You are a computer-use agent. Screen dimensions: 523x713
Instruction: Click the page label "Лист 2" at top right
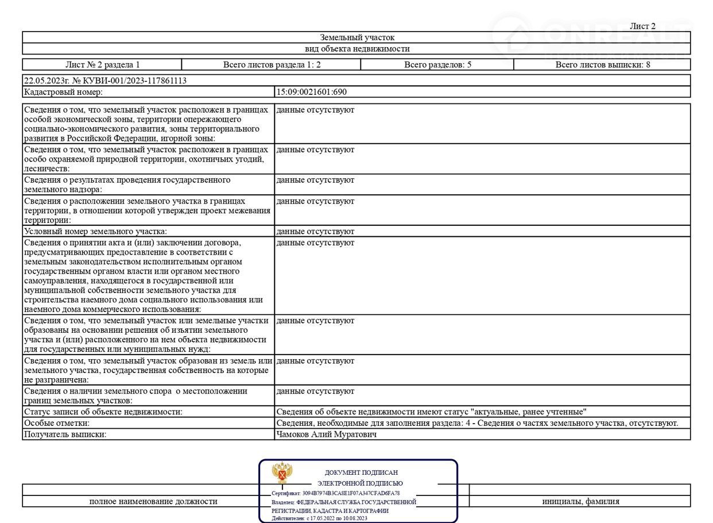642,26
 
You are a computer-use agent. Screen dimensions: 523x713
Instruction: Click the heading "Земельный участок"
357,37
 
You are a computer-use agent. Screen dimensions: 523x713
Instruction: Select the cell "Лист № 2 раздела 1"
102,64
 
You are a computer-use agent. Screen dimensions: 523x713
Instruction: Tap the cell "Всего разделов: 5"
437,64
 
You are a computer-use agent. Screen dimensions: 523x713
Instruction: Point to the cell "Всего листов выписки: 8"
602,64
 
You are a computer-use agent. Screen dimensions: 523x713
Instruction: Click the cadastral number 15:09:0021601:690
312,92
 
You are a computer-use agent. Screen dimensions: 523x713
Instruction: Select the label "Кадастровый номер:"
63,92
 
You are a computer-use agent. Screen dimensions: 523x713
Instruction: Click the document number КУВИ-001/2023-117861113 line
105,80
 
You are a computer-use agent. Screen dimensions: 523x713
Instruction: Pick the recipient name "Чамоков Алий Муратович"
327,434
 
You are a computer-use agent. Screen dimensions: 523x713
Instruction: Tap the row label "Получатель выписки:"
65,434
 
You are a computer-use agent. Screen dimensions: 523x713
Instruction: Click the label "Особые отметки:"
56,423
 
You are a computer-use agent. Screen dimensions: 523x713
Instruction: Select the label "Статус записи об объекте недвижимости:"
103,412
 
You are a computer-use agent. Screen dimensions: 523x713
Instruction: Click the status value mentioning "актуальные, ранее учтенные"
431,412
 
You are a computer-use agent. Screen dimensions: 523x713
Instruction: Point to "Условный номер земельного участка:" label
95,231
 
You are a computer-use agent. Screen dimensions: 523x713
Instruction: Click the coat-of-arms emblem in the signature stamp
282,473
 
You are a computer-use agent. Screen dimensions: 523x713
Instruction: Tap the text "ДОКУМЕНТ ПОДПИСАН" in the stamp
361,472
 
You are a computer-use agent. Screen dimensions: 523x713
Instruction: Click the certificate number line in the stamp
336,493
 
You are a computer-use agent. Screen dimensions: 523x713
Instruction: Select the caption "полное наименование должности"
153,501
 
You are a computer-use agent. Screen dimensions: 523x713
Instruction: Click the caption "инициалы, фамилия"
580,501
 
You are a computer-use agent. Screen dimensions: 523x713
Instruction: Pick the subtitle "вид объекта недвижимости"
357,49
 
